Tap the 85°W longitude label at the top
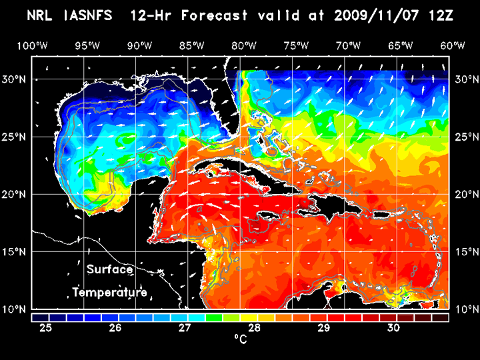[x=192, y=45]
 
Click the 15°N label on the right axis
[x=465, y=251]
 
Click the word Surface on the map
[x=109, y=270]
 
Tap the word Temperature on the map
[x=109, y=293]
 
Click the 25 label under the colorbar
[x=46, y=328]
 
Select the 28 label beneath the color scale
[x=254, y=328]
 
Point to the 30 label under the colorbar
[x=393, y=328]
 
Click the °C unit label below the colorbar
[x=240, y=339]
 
